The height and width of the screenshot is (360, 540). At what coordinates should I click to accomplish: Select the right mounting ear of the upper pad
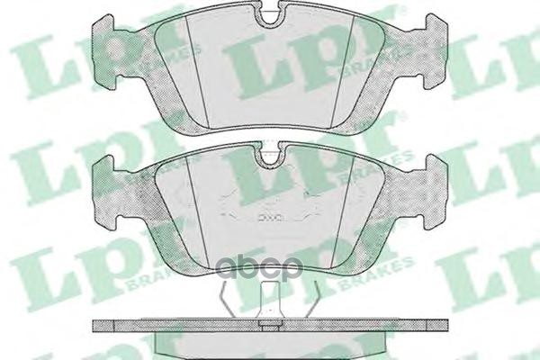(430, 44)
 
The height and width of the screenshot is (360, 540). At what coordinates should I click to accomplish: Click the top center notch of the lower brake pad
(268, 157)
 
